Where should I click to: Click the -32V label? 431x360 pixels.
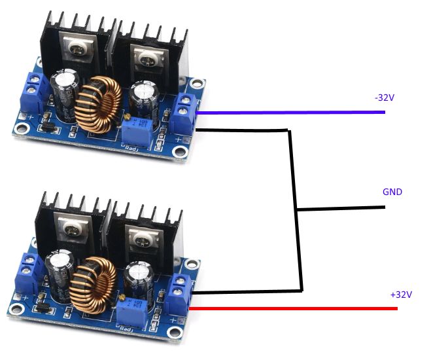pyautogui.click(x=385, y=98)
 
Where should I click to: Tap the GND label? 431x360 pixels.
pyautogui.click(x=392, y=192)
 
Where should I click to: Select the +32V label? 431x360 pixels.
pyautogui.click(x=401, y=295)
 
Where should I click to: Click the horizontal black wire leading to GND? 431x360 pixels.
pyautogui.click(x=340, y=209)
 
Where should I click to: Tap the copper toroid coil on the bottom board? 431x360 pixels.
pyautogui.click(x=94, y=285)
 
